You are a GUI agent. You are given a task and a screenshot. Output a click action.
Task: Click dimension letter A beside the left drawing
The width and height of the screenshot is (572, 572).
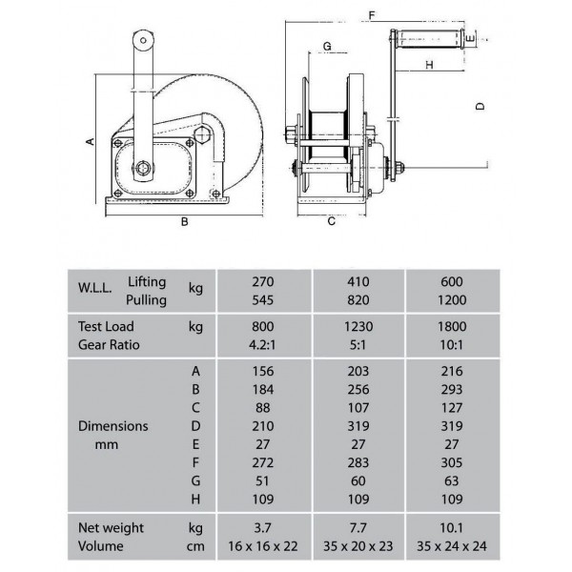click(x=91, y=141)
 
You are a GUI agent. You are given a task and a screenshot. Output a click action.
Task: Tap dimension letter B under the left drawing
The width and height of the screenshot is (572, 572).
click(x=185, y=221)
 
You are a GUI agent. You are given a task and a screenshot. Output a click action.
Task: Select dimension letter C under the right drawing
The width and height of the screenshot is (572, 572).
click(x=331, y=221)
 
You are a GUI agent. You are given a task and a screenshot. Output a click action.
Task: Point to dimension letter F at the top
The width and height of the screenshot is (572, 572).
click(x=372, y=15)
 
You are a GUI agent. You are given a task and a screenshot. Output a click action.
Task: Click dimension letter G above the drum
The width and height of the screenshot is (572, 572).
click(x=327, y=47)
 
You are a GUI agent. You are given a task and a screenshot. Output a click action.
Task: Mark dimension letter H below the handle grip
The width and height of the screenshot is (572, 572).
click(x=430, y=65)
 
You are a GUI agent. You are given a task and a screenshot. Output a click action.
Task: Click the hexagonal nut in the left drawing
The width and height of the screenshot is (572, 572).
click(x=202, y=134)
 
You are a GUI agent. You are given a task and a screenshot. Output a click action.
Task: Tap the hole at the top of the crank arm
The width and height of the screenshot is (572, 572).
click(x=143, y=40)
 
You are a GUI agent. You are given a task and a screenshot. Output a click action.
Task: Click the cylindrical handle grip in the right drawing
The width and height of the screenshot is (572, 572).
click(x=430, y=39)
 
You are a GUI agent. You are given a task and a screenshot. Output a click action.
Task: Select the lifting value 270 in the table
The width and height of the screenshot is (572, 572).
click(x=263, y=281)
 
